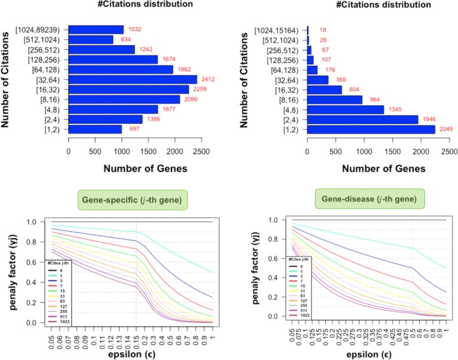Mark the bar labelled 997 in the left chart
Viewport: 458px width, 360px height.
click(x=95, y=129)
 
